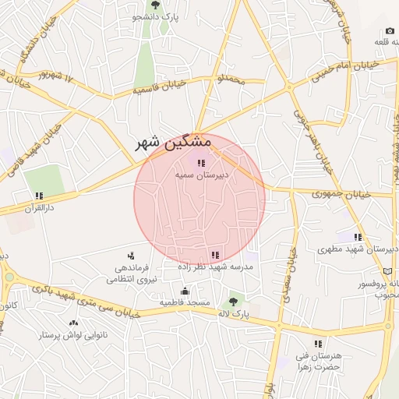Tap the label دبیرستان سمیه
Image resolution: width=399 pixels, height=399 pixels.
(200, 176)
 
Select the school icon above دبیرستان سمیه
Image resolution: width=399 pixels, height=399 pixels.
(200, 164)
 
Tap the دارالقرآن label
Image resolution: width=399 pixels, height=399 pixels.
(38, 210)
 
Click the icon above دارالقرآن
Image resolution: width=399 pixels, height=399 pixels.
(38, 196)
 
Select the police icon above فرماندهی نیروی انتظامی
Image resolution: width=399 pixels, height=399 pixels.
(130, 255)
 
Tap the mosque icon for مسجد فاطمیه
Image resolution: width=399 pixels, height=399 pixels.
(185, 291)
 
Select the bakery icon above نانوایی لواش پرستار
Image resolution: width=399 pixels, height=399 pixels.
(73, 323)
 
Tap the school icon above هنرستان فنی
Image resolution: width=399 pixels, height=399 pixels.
(317, 344)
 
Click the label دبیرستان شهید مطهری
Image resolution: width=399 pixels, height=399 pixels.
(358, 250)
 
